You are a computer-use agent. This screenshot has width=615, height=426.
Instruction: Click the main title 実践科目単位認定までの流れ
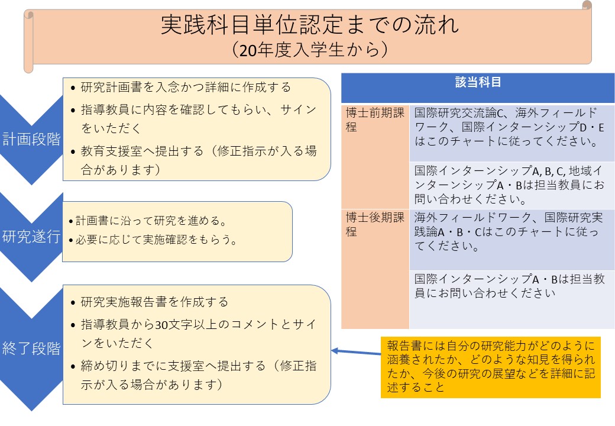309,25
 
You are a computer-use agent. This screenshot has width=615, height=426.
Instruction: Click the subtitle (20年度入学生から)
309,50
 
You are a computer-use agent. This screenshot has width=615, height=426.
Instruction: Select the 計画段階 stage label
31,139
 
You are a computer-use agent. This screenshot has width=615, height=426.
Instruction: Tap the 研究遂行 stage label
31,237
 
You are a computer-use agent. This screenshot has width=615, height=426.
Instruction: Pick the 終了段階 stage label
31,348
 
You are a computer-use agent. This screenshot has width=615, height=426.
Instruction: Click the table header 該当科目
478,82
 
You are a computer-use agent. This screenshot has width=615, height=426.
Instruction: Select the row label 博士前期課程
375,120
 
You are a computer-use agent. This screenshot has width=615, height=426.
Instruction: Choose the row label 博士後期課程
375,224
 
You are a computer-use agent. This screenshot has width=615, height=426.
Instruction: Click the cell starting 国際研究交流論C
509,127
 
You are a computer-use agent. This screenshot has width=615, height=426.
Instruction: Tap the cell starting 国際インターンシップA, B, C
509,185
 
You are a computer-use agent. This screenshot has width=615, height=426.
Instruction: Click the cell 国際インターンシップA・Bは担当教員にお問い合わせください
509,286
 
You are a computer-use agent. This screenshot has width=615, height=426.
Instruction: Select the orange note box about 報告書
491,367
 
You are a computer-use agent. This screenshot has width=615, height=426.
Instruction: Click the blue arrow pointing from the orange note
356,352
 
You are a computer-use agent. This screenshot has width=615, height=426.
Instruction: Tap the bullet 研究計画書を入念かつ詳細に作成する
181,87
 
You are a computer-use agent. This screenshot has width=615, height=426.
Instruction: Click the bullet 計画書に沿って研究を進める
148,221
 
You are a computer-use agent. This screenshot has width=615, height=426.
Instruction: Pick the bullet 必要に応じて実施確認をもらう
153,239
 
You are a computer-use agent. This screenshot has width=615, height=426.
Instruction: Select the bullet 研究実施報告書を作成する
150,302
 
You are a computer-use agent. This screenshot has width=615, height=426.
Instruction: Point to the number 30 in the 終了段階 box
161,325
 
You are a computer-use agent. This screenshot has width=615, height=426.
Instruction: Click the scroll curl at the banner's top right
587,5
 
